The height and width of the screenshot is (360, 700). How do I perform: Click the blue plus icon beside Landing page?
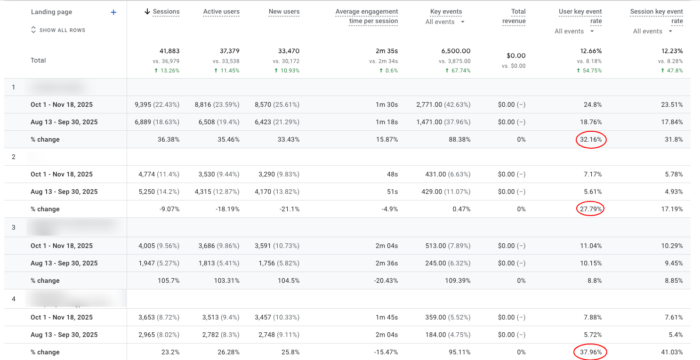[x=113, y=12]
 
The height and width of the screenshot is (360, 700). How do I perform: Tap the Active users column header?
[x=221, y=12]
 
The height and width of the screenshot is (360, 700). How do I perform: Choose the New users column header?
[x=284, y=12]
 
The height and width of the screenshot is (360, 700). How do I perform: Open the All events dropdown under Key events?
[x=445, y=22]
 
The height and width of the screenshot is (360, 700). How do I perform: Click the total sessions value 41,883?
[x=169, y=51]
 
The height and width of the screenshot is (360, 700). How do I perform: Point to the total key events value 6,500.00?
[x=455, y=51]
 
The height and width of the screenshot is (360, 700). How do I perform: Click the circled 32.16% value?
[x=591, y=140]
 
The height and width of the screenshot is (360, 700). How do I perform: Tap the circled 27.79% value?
[x=590, y=209]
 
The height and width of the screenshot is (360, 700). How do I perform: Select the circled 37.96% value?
[x=590, y=352]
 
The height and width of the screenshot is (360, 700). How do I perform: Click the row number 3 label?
[x=14, y=227]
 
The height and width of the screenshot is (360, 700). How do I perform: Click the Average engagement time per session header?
[x=367, y=16]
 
